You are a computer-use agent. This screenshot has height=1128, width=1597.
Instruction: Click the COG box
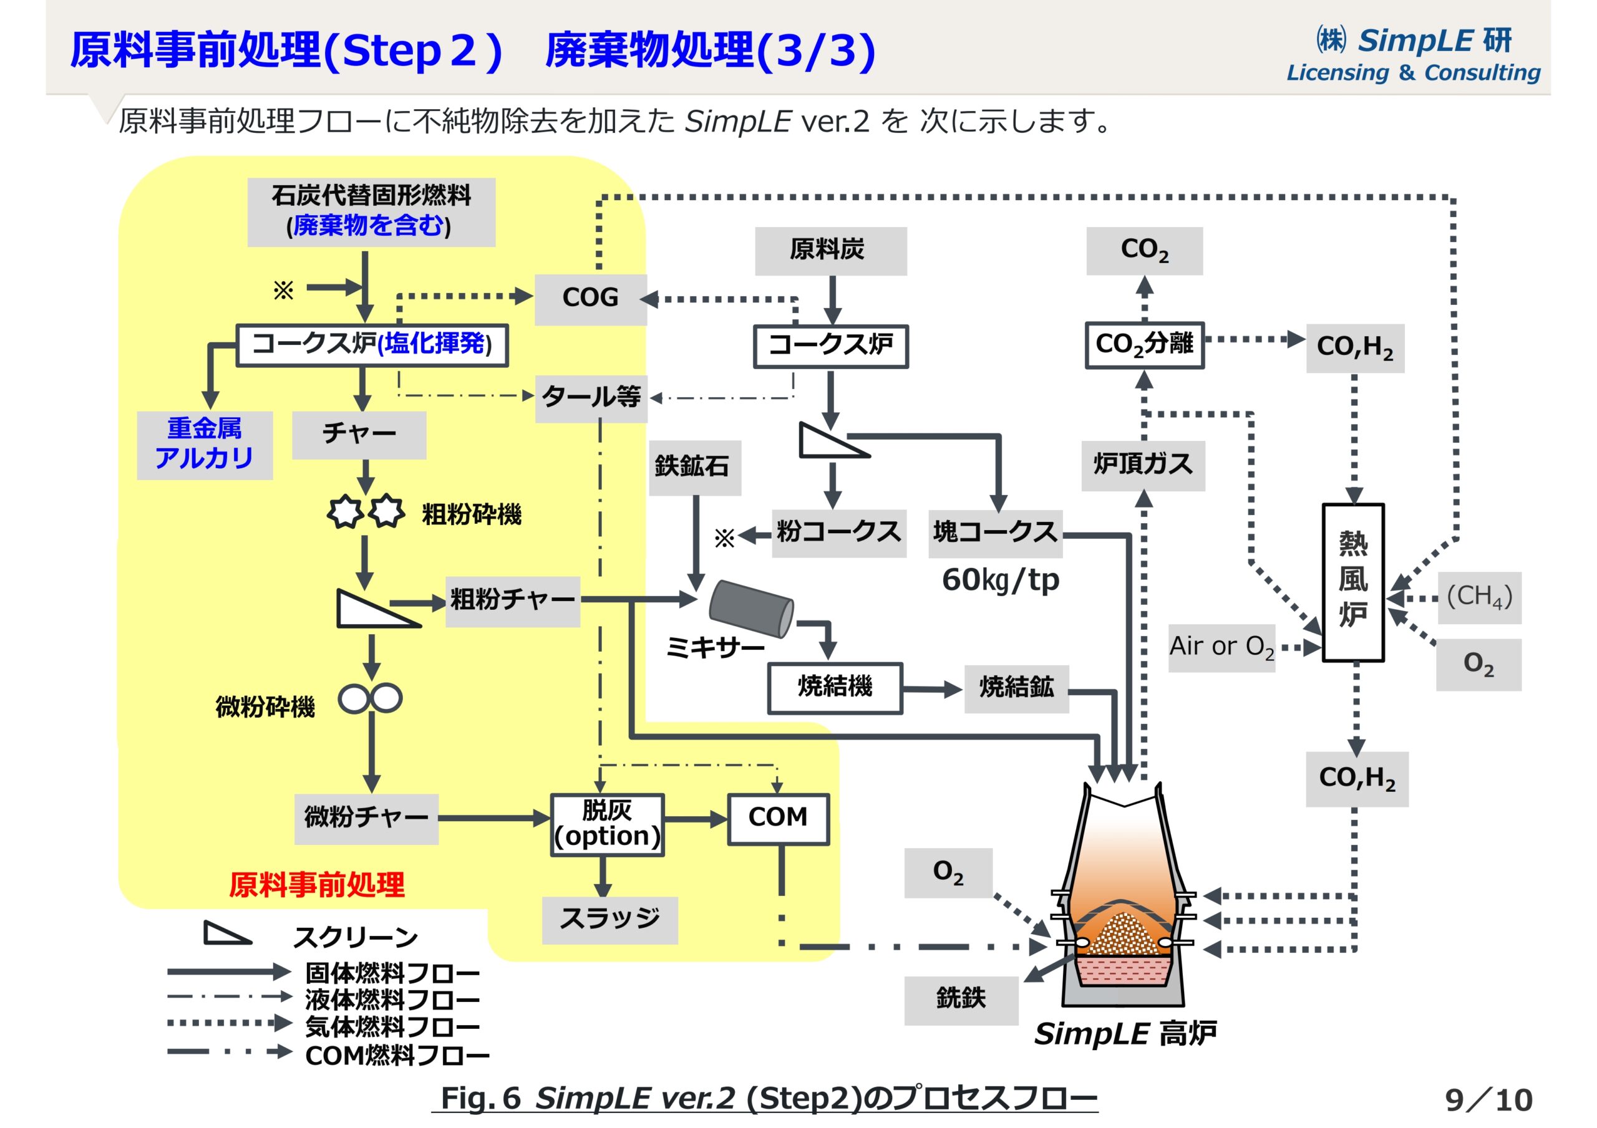coord(590,298)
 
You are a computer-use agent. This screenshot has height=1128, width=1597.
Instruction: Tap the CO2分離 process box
coord(1144,344)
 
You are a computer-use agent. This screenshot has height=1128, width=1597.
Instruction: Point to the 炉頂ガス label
coord(1143,465)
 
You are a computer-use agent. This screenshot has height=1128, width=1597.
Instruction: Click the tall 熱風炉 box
coord(1352,582)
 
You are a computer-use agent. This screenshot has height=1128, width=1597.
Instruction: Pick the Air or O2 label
coord(1221,647)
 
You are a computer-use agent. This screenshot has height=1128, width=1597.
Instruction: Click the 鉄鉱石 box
coord(694,466)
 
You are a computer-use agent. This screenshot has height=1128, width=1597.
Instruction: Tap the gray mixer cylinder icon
coord(751,609)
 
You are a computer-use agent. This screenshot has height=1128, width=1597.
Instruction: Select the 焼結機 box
coord(835,688)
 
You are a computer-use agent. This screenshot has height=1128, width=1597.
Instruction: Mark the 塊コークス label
coord(994,533)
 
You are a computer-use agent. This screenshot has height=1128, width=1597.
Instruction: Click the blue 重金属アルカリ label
coord(205,445)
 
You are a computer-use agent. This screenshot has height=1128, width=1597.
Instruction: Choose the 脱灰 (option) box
coord(606,824)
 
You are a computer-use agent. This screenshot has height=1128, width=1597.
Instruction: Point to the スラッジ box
coord(609,919)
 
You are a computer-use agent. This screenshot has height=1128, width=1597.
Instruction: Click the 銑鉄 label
coord(961,1000)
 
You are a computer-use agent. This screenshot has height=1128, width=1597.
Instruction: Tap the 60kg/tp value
coord(999,580)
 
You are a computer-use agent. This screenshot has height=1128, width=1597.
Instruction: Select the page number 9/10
coord(1488,1099)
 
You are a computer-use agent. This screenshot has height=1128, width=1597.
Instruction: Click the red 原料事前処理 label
coord(316,885)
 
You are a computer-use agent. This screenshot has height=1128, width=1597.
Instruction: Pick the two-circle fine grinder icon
coord(370,698)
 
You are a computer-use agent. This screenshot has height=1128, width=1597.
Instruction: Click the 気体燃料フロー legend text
coord(392,1027)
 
